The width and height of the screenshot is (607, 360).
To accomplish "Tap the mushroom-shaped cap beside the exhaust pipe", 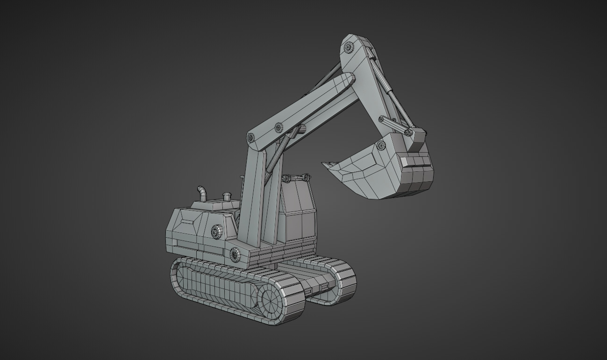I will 227,196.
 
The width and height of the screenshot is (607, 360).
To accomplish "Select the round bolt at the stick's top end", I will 349,47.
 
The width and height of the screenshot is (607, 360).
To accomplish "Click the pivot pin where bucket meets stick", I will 381,145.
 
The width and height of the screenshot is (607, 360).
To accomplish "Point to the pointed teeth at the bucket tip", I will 330,164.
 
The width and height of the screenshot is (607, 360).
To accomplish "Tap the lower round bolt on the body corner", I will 235,255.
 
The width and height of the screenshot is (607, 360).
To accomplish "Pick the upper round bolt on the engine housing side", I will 216,231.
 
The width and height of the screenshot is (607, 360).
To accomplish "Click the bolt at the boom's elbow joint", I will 250,138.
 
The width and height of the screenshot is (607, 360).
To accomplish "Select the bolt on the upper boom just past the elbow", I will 279,127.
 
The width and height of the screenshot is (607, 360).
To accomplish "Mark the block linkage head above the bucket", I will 417,138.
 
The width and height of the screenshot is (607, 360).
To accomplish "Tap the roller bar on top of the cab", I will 296,177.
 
